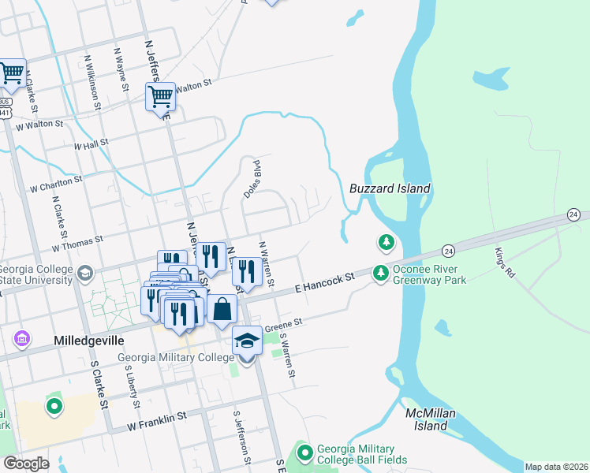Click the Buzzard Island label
390,188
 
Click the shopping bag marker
223,310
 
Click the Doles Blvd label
252,177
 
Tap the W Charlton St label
55,184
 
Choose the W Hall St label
90,143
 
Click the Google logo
27,463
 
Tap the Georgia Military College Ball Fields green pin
305,453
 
